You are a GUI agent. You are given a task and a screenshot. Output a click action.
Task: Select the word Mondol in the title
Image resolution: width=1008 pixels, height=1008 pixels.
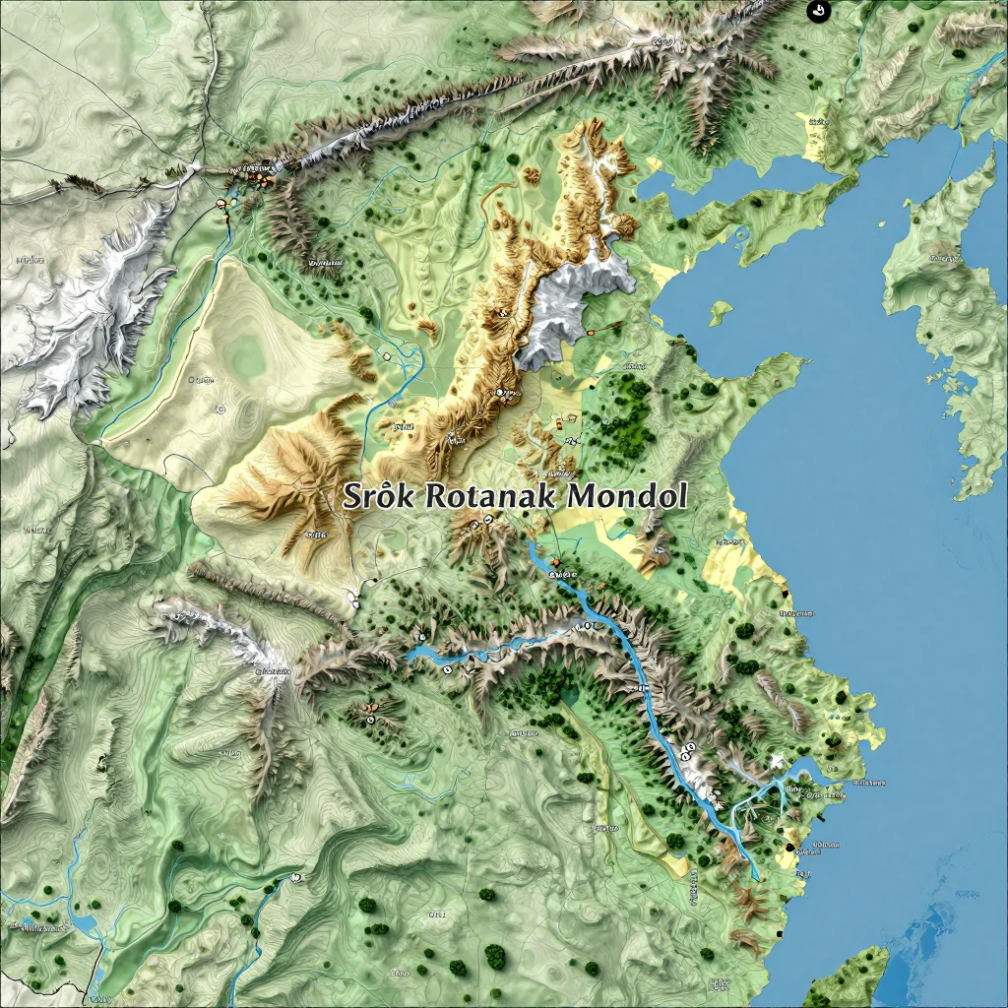pos(625,495)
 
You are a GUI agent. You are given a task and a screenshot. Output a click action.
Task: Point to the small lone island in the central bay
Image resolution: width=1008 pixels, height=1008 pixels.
pos(721,312)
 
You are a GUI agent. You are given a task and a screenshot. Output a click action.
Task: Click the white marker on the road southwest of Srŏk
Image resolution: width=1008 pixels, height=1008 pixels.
pos(352,597)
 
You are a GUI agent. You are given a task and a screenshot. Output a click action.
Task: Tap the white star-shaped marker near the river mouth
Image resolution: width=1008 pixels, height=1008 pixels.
pos(778,760)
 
